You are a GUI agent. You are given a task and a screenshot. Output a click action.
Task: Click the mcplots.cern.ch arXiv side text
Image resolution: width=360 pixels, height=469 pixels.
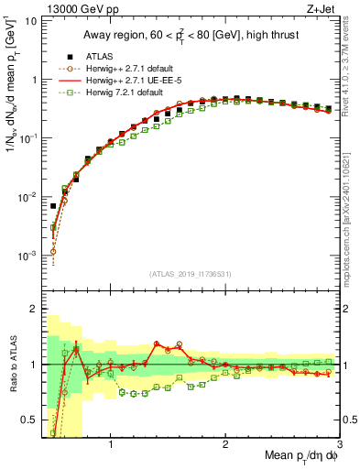click(351, 211)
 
